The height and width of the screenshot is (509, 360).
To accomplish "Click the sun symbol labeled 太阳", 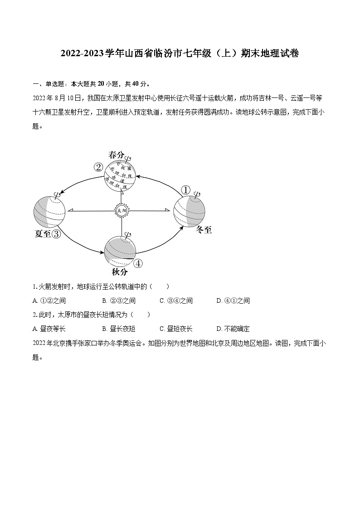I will [x=121, y=210].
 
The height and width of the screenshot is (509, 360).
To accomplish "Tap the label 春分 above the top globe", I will [x=116, y=155].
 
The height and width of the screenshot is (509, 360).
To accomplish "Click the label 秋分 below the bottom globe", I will [x=120, y=272].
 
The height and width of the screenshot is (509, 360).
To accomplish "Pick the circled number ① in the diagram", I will [x=185, y=189].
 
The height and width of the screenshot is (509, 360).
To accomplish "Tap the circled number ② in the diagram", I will [x=98, y=167].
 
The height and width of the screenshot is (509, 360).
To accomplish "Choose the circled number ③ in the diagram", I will [x=56, y=234].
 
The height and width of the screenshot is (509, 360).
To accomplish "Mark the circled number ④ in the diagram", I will [x=138, y=263].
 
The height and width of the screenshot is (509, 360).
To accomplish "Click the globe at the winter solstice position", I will [x=189, y=211].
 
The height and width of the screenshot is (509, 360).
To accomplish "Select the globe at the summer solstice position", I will [x=49, y=211].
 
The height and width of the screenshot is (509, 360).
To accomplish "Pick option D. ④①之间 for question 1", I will [x=233, y=301].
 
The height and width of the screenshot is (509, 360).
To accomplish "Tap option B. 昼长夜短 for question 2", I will [x=119, y=329].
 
